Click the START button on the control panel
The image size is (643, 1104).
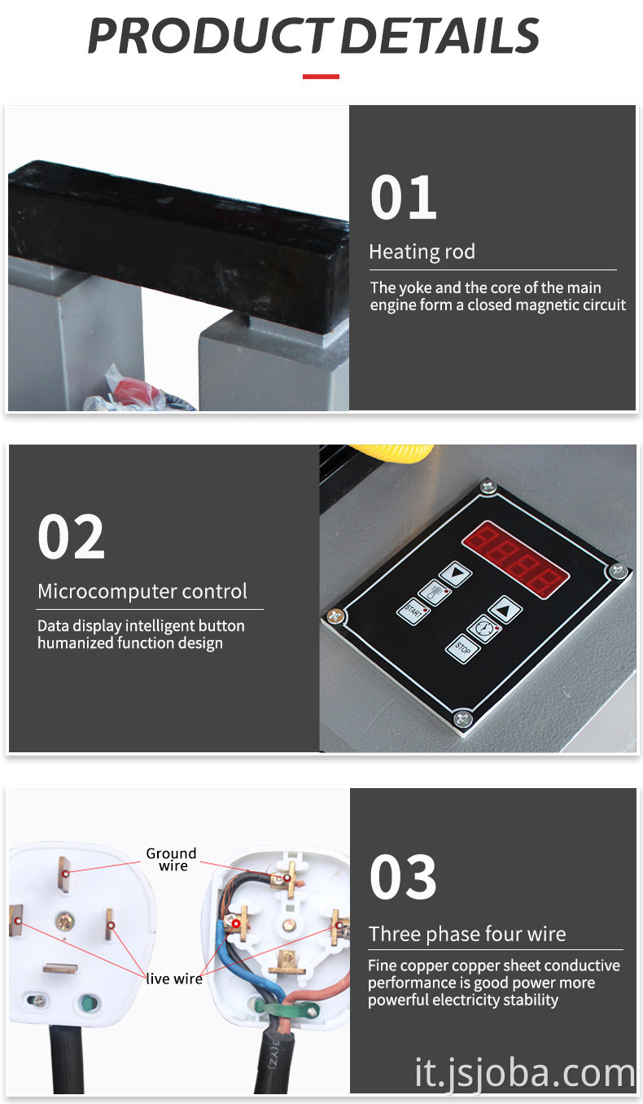413,611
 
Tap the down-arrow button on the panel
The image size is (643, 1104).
455,574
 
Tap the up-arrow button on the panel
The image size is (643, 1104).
505,610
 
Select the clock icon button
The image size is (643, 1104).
483,629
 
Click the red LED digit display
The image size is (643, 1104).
515,559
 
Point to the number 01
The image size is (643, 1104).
404,197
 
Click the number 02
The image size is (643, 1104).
71,537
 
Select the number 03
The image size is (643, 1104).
403,877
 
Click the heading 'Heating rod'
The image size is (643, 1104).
422,252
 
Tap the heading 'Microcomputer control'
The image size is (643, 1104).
142,591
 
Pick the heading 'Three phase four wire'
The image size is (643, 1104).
467,934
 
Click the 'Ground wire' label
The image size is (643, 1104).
172,859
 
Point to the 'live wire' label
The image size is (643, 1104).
174,979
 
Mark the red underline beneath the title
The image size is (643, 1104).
321,77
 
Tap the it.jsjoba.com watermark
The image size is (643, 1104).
525,1072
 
